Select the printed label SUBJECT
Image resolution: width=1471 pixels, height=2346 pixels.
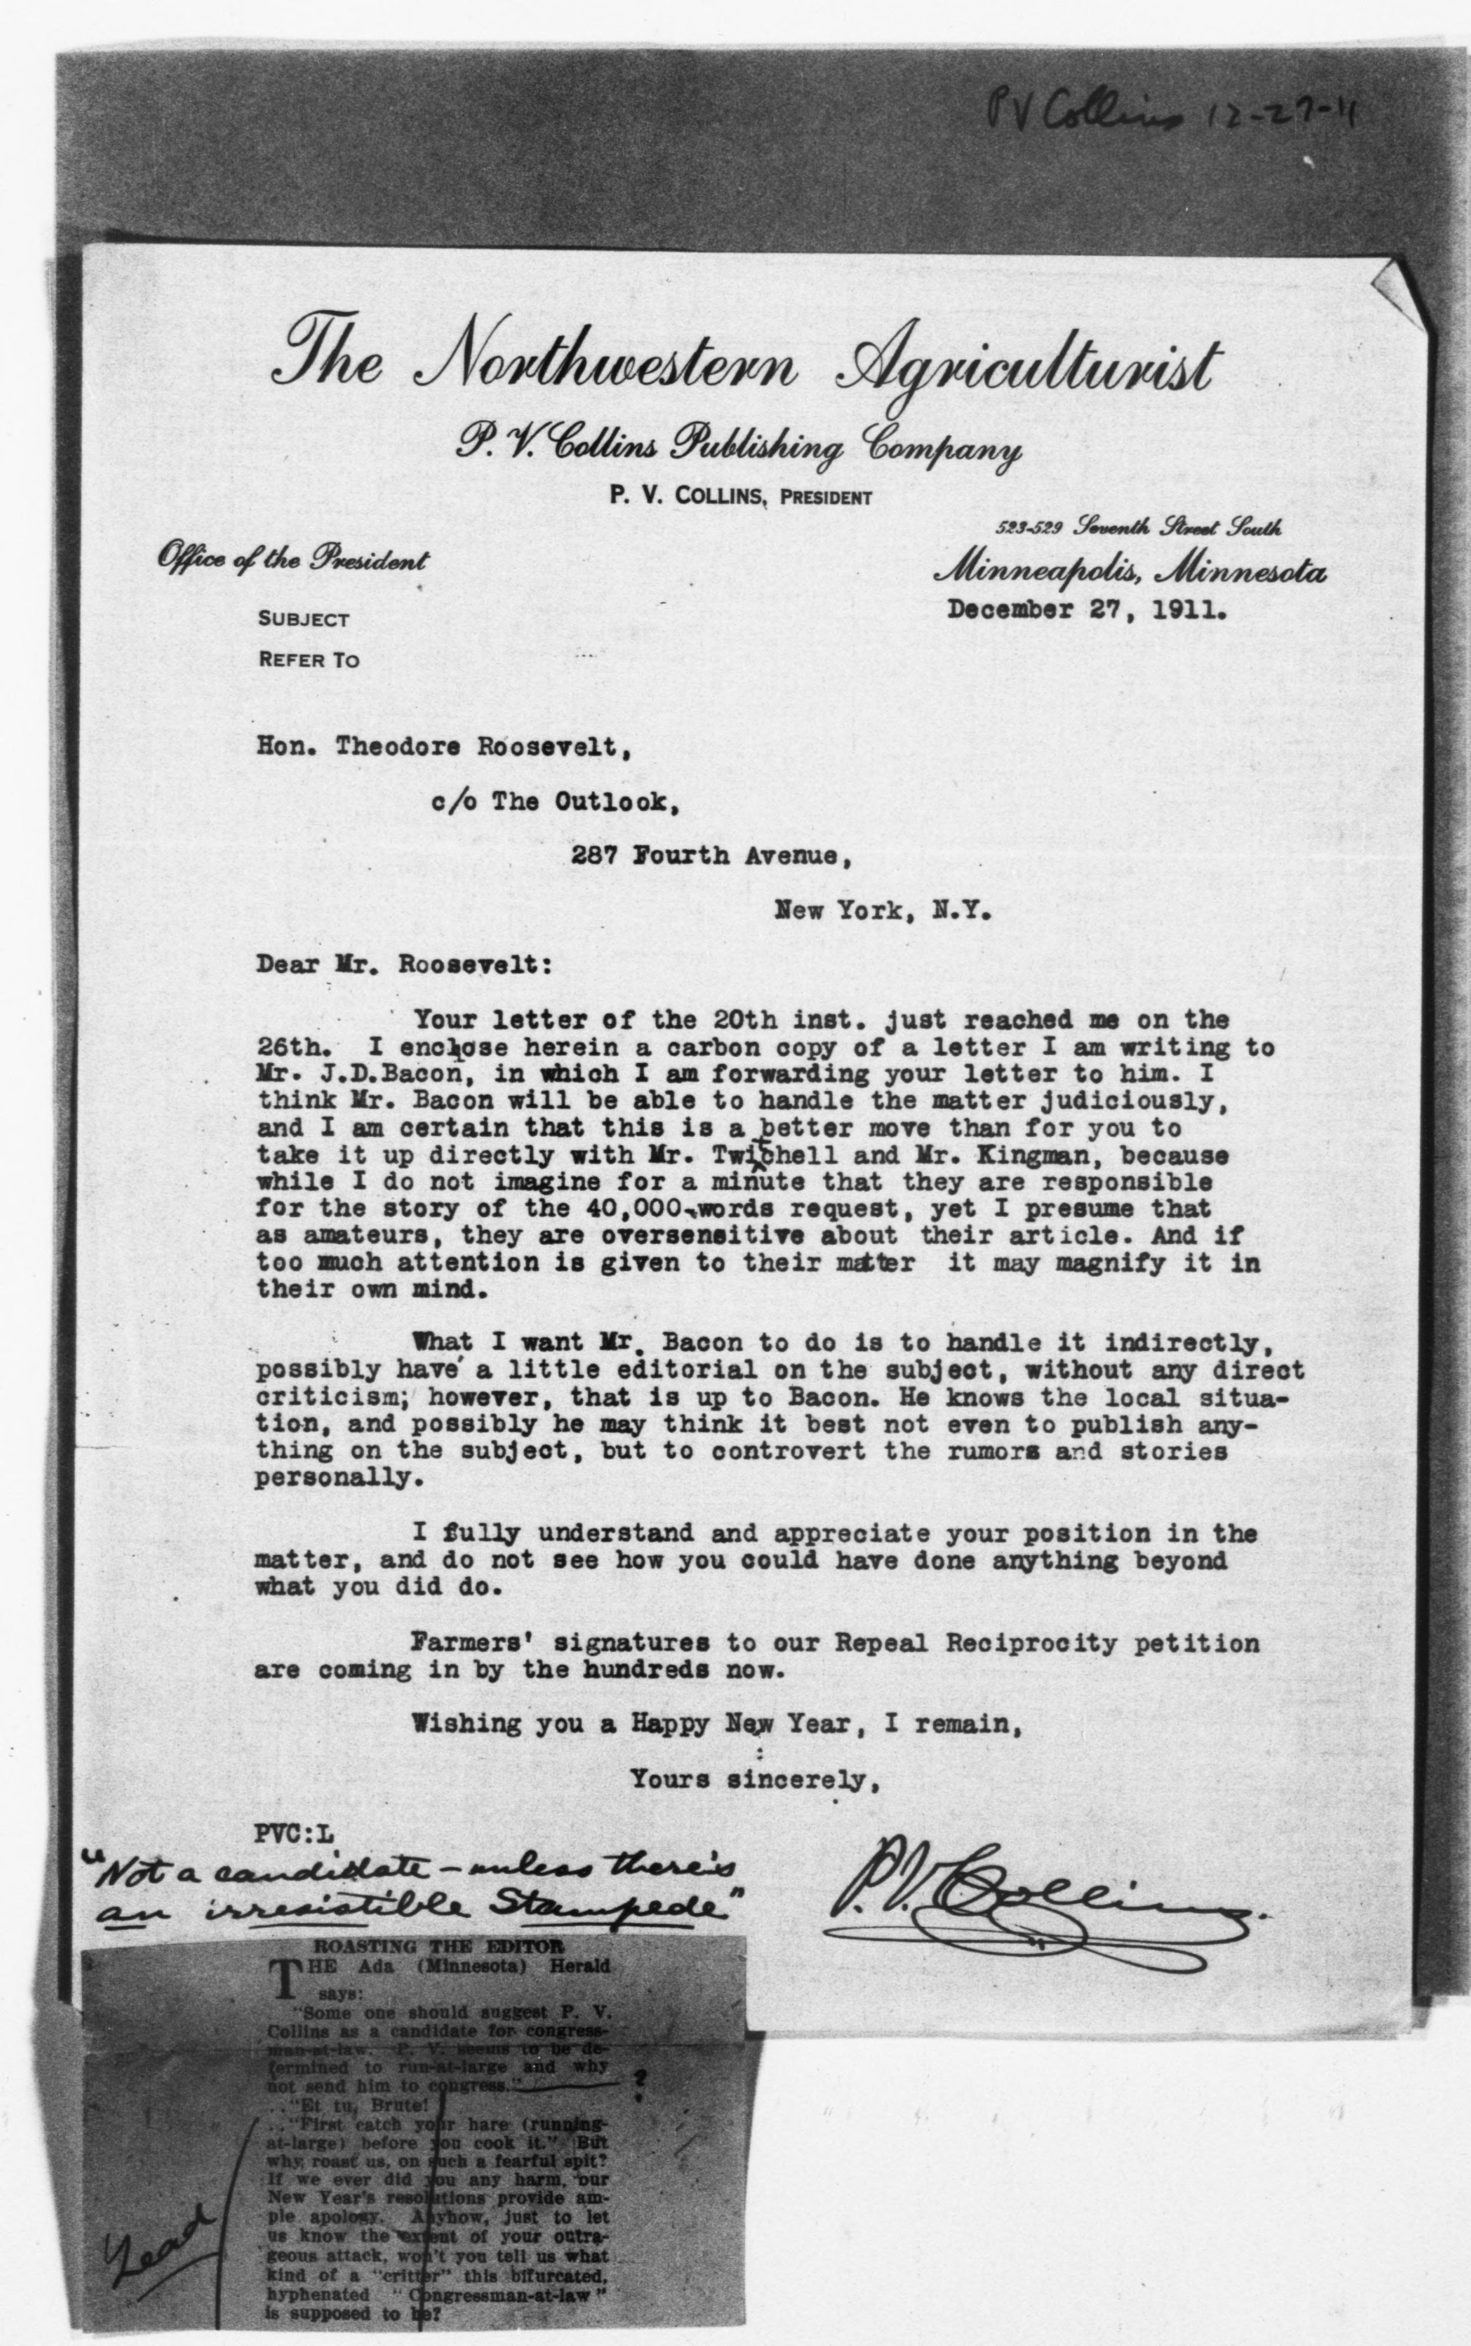302,620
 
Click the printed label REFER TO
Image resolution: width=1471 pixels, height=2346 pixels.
308,660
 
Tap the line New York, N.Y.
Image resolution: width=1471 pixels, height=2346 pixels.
882,913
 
